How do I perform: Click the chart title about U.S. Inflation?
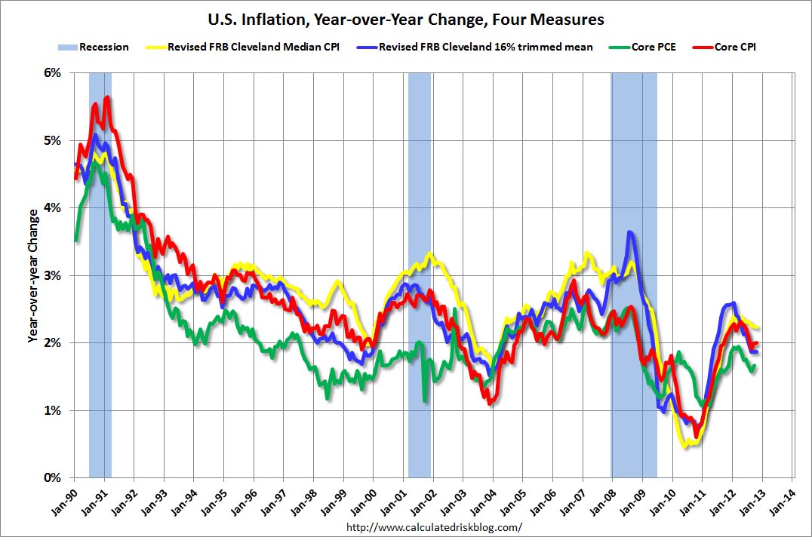coord(405,18)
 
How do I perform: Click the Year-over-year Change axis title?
coord(33,275)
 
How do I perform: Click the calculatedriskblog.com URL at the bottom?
coord(433,527)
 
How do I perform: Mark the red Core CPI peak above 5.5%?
coord(107,97)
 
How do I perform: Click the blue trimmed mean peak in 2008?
coord(630,233)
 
